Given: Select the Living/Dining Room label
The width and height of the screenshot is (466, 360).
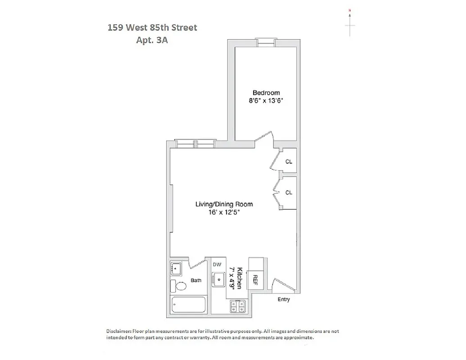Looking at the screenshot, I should (x=224, y=204).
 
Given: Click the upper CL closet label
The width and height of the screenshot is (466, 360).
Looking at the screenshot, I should (x=289, y=161).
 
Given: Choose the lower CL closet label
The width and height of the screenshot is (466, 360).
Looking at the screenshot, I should (x=289, y=193).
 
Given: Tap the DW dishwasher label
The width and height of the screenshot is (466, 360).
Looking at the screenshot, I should (x=217, y=265).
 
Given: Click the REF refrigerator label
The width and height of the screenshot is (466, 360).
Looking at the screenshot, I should (x=255, y=280).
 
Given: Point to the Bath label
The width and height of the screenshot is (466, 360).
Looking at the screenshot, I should (x=196, y=280).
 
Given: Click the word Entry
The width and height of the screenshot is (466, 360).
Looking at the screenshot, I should (x=284, y=299).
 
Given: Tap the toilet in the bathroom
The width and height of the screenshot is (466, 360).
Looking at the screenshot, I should (x=180, y=286).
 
